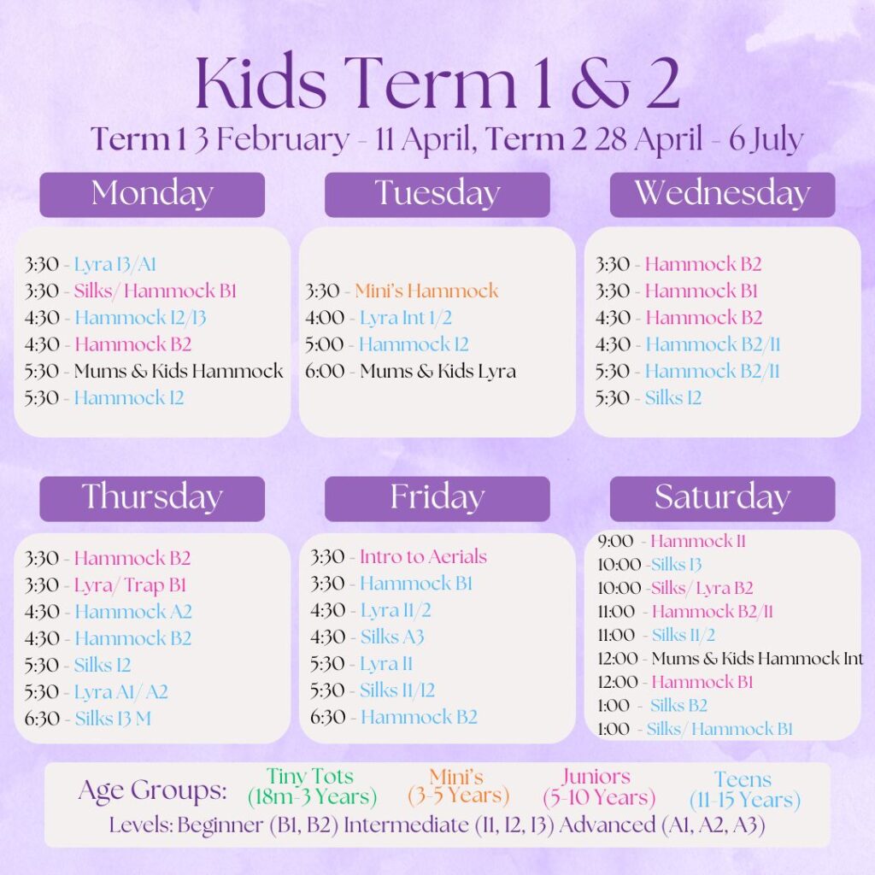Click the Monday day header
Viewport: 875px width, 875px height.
pyautogui.click(x=152, y=195)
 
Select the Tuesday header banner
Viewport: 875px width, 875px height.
pyautogui.click(x=437, y=195)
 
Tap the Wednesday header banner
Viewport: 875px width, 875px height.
pyautogui.click(x=722, y=195)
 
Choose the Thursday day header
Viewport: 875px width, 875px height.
pyautogui.click(x=152, y=499)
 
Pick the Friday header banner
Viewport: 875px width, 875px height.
pyautogui.click(x=437, y=499)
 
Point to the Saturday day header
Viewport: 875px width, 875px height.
pyautogui.click(x=722, y=499)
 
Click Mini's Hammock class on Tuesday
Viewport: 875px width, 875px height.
pyautogui.click(x=426, y=291)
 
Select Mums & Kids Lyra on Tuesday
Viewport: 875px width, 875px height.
pyautogui.click(x=438, y=371)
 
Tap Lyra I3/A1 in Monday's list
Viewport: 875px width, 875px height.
pyautogui.click(x=115, y=265)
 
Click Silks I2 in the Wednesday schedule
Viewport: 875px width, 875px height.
pyautogui.click(x=673, y=398)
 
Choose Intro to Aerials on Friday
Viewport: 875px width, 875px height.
pyautogui.click(x=423, y=556)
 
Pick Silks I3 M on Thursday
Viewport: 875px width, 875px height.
pyautogui.click(x=113, y=718)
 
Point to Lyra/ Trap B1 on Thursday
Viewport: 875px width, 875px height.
pyautogui.click(x=130, y=584)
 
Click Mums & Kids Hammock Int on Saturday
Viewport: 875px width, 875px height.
pyautogui.click(x=757, y=659)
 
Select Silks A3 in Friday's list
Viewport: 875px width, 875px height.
pyautogui.click(x=392, y=637)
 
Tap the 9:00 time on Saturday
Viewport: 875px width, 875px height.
pyautogui.click(x=615, y=541)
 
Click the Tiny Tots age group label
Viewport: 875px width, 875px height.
pyautogui.click(x=312, y=786)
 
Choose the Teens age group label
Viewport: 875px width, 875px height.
pyautogui.click(x=744, y=789)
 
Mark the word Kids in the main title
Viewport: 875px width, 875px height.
pyautogui.click(x=261, y=82)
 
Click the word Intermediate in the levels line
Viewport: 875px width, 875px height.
pyautogui.click(x=406, y=825)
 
